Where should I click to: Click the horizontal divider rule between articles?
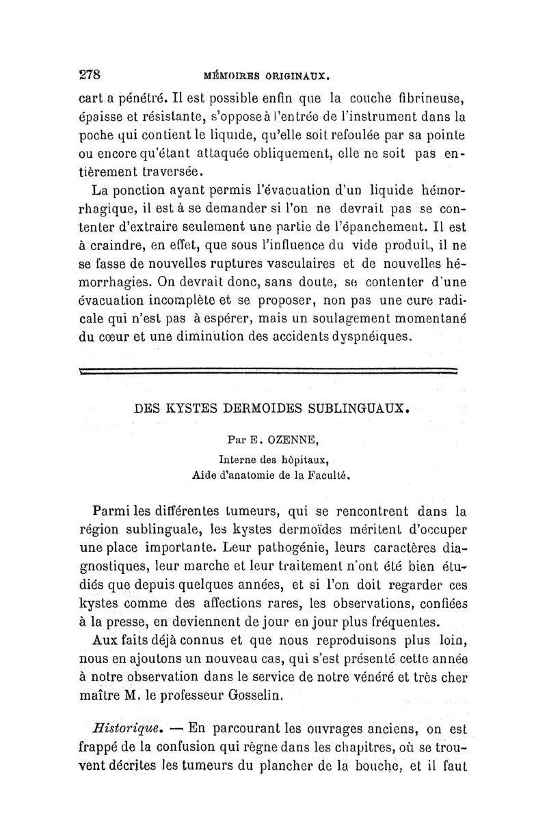point(269,371)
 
